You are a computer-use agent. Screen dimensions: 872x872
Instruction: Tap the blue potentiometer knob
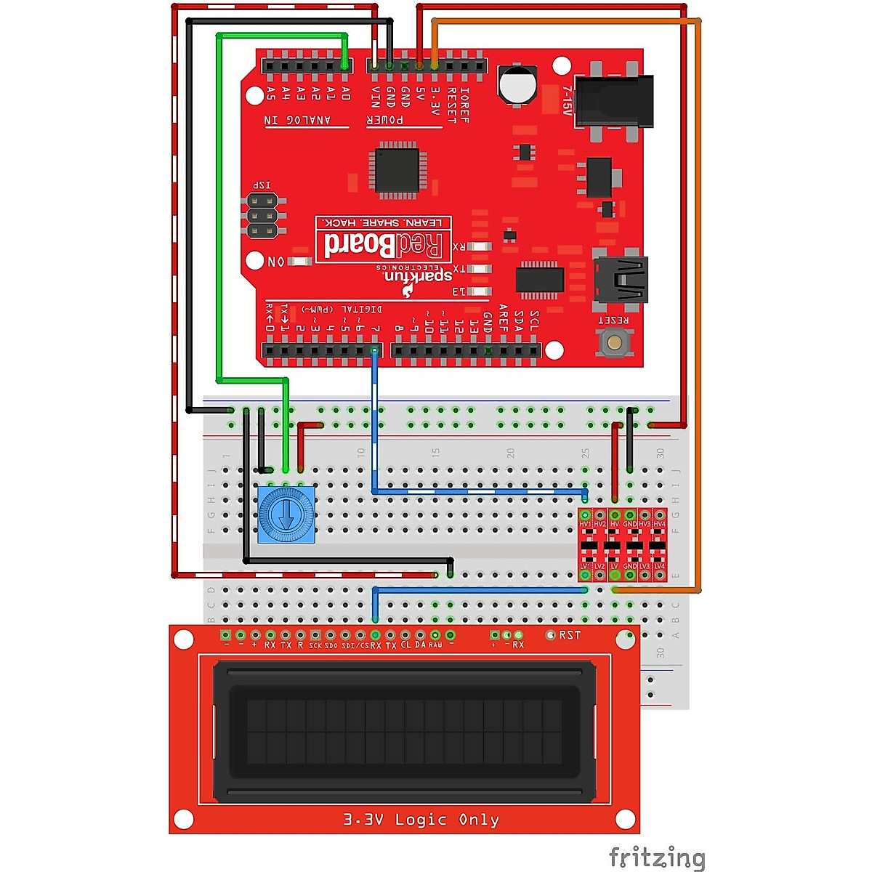point(286,514)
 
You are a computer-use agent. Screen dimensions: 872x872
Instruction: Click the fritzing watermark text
point(656,857)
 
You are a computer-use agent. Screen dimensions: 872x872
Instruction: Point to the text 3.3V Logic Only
point(421,820)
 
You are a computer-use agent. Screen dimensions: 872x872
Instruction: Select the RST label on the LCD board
point(570,635)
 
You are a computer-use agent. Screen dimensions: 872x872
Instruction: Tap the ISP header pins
point(262,216)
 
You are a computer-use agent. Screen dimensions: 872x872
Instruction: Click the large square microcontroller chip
point(396,171)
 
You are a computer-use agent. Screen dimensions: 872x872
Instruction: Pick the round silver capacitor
point(518,84)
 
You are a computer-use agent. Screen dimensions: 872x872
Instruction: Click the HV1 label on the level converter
point(585,524)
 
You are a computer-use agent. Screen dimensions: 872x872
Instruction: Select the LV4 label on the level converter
point(659,566)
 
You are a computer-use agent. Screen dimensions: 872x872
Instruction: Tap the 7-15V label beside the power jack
point(568,101)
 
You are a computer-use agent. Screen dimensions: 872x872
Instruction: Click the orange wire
point(701,291)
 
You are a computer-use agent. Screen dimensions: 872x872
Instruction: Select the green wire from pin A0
point(218,218)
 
